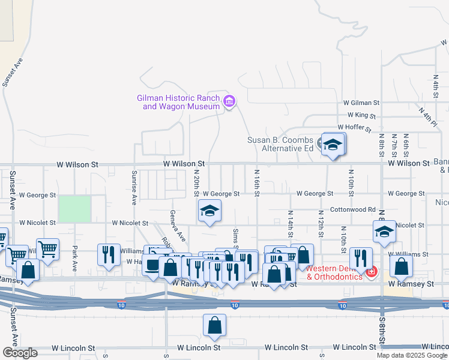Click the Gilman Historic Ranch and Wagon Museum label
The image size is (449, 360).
click(x=178, y=102)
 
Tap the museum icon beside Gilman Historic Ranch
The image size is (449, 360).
click(x=229, y=101)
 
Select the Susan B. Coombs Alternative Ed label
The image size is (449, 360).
click(x=280, y=144)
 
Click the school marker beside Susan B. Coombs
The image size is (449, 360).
click(x=333, y=145)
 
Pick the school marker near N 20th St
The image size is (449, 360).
click(x=209, y=211)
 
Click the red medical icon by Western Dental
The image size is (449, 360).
click(x=372, y=272)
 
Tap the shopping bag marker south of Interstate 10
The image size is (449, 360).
click(x=215, y=326)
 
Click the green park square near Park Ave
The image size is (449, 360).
click(x=74, y=209)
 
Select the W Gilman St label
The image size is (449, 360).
click(x=361, y=103)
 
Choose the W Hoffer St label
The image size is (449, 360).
click(x=355, y=127)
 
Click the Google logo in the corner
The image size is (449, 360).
click(x=19, y=353)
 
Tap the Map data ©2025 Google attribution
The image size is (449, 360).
click(x=412, y=355)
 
